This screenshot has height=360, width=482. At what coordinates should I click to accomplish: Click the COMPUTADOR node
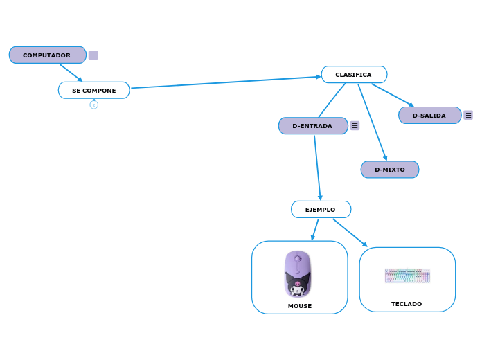[x=47, y=55]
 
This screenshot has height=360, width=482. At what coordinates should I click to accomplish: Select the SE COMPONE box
[x=93, y=91]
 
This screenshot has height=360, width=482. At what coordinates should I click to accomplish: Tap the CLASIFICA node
[x=353, y=75]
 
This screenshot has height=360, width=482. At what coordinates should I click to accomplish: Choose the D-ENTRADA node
[x=312, y=126]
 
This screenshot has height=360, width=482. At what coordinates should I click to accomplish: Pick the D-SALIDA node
[x=429, y=116]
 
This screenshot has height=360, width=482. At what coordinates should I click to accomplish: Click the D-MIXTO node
[x=389, y=170]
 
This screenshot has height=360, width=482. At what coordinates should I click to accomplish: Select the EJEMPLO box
[x=320, y=210]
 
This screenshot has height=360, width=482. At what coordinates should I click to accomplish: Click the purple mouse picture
[x=298, y=273]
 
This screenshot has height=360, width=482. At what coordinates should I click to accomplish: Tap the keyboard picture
[x=407, y=276]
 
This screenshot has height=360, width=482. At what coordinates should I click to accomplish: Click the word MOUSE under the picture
[x=300, y=306]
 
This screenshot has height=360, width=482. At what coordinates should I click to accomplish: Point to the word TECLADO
[x=407, y=304]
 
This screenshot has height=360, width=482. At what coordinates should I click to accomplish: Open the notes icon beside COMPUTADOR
[x=93, y=55]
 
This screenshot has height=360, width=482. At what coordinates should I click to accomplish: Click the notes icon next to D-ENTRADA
[x=355, y=126]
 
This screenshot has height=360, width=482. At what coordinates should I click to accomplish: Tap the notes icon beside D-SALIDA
[x=468, y=116]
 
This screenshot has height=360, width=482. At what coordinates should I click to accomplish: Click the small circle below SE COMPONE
[x=94, y=105]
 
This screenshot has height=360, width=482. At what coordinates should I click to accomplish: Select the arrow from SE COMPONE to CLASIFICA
[x=225, y=82]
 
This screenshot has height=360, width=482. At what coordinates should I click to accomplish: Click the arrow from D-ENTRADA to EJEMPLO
[x=317, y=166]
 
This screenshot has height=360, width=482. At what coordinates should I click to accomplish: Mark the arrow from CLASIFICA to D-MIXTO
[x=372, y=121]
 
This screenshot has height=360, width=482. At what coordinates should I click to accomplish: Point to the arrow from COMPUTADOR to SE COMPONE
[x=71, y=73]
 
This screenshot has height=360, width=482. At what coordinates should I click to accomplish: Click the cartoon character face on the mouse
[x=298, y=284]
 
